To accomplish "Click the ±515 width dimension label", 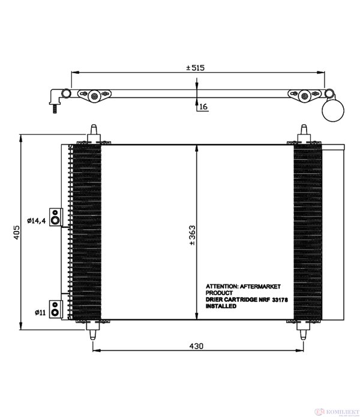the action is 196,68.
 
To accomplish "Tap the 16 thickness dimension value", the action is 203,107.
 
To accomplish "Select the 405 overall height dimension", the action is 17,232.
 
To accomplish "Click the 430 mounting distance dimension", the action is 196,346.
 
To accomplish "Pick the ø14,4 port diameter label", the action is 37,220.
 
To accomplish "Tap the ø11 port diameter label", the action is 40,313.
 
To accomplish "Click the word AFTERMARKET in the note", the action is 260,286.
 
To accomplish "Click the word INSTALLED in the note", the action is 221,306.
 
